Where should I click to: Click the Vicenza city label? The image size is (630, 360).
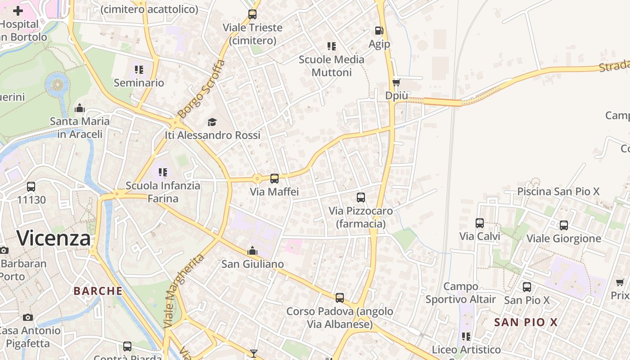pos(54,238)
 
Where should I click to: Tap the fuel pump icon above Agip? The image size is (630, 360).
pos(379,31)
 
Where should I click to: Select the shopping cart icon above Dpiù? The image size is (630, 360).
pos(396,82)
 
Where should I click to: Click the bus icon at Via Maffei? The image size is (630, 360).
pos(274,179)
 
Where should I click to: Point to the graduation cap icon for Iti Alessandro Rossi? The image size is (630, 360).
pos(212,122)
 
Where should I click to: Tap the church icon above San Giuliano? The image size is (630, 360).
pos(252,251)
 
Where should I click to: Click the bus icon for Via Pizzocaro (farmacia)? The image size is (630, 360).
pos(360,198)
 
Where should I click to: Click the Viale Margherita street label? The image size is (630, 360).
pos(183,290)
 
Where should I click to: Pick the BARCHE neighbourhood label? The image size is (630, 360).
pos(98,291)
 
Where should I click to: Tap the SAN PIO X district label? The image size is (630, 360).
pos(526,322)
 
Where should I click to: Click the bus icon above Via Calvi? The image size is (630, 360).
pos(480,223)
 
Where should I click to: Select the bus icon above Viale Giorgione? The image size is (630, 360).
pos(563,225)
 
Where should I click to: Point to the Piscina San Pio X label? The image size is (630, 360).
pos(558,191)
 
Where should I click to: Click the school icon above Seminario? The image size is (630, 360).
pos(139,70)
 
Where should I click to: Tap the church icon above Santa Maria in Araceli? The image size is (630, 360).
pos(80,108)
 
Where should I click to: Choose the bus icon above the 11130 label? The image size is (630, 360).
pos(31,187)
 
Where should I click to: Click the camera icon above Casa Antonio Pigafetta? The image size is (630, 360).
pos(28,317)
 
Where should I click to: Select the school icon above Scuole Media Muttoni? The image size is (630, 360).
pos(332,46)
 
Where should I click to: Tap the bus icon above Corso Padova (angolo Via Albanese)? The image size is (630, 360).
pos(340,298)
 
